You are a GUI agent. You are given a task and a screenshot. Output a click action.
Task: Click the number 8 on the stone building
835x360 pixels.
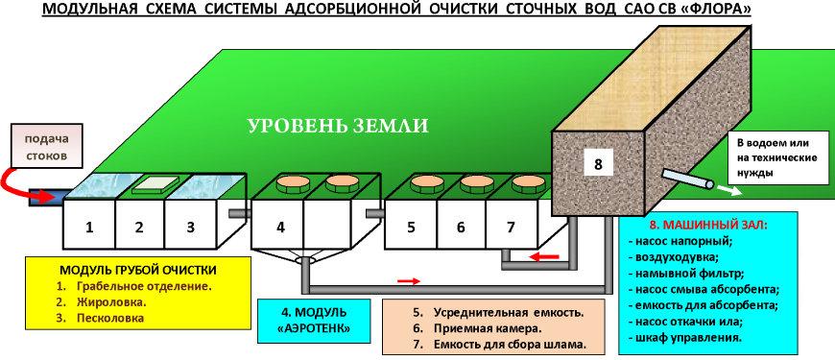tap(598, 164)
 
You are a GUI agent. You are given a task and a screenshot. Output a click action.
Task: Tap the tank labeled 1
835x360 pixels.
tap(89, 225)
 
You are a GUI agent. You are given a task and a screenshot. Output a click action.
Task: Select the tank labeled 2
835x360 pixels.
tap(140, 225)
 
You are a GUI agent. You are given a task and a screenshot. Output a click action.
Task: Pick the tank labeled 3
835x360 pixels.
tap(191, 225)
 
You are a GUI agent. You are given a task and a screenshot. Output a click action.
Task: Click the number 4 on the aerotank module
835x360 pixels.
tap(280, 228)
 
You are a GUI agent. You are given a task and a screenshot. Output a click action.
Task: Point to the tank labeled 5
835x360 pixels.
tap(411, 225)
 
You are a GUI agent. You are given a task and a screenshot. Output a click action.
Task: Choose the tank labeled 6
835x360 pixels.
tap(461, 225)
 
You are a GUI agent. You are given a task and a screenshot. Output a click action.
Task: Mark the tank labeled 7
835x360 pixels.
tap(511, 225)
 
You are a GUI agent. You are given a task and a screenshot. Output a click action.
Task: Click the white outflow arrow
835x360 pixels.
tap(728, 190)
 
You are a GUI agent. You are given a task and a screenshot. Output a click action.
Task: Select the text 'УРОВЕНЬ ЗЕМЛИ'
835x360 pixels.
tap(338, 126)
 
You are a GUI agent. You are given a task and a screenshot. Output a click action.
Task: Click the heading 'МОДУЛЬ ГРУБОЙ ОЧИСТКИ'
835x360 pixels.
tap(137, 271)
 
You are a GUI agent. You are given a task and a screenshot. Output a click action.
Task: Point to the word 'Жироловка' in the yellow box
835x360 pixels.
tap(111, 302)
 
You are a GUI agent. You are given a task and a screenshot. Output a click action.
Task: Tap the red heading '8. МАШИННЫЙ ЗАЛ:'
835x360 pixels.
tap(707, 225)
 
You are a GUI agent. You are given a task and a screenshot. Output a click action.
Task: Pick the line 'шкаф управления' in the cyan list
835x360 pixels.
tap(688, 338)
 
